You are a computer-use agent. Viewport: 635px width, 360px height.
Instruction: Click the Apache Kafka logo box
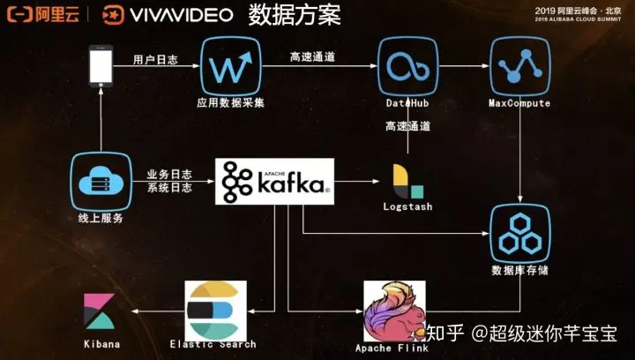coord(275,182)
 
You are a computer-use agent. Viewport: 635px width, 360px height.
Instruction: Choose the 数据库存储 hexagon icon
coord(519,232)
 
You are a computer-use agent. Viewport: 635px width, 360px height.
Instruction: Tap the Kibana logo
coord(99,311)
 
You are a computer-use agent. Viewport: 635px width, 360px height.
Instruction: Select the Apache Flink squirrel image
coord(394,311)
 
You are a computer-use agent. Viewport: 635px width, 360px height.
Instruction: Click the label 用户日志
coord(155,60)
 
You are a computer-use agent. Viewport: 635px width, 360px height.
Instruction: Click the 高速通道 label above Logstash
coord(407,127)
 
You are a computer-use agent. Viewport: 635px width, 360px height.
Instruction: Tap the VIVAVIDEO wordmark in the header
coord(182,14)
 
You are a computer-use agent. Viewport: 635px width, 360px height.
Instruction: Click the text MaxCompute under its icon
coord(519,103)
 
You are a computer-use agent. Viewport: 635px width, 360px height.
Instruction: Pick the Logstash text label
coord(408,207)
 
